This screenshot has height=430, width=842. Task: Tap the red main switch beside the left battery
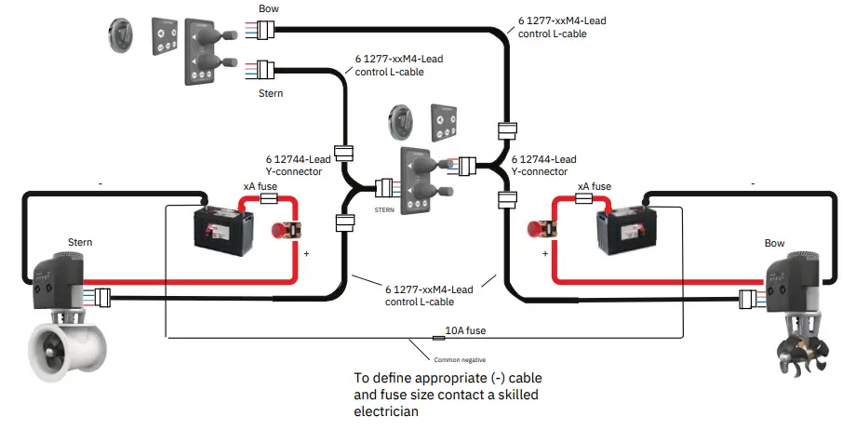pos(286,231)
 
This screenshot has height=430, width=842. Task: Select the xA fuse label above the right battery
pos(595,186)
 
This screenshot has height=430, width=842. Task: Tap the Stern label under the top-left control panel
pos(270,93)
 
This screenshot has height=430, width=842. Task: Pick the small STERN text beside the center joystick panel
pos(385,210)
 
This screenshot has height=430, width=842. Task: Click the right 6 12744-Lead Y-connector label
pos(543,165)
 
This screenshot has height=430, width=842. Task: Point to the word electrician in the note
pos(388,412)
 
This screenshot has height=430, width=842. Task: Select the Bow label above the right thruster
pos(774,244)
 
